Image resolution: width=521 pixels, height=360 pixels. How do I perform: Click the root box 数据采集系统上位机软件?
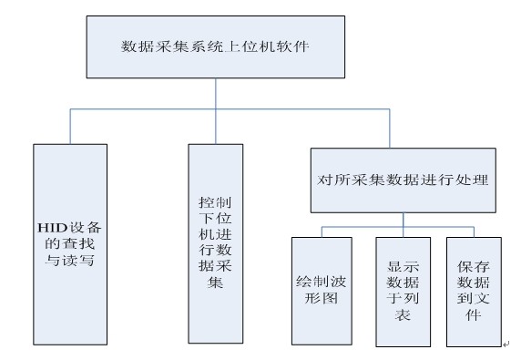pos(214,45)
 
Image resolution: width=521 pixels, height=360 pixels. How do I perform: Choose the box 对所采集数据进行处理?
pos(402,180)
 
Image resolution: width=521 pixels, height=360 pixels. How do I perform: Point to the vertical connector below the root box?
pos(214,94)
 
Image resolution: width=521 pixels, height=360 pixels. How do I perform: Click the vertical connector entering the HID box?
pos(71,126)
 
